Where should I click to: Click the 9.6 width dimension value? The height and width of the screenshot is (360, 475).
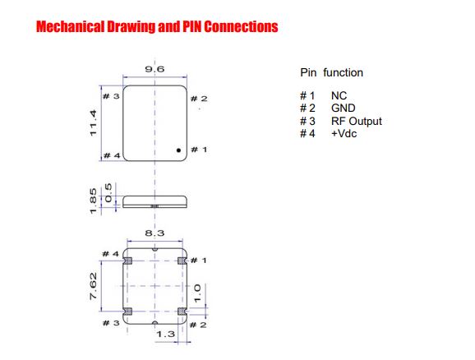[x=154, y=69]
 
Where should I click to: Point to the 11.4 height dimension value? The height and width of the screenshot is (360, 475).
[x=94, y=123]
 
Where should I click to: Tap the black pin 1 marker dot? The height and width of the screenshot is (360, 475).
[x=178, y=150]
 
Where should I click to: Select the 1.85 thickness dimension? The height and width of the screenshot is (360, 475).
[x=94, y=201]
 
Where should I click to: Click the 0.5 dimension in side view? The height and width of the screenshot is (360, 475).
[x=108, y=192]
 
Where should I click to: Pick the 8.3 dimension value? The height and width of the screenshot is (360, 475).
[x=154, y=233]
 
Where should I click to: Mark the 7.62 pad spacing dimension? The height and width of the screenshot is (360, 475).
[x=94, y=286]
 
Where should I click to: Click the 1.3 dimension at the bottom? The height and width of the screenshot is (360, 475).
[x=165, y=335]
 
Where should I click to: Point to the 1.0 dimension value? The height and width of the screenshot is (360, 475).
[x=197, y=293]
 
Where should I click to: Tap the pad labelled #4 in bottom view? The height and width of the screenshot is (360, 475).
[x=128, y=261]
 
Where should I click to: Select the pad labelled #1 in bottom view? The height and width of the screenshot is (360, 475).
[x=182, y=261]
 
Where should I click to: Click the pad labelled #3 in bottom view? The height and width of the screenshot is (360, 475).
[x=128, y=312]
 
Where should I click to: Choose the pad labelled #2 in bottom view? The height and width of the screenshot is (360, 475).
[x=182, y=312]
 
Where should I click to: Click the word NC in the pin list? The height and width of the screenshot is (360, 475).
[x=339, y=96]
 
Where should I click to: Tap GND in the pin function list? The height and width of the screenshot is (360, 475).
[x=344, y=108]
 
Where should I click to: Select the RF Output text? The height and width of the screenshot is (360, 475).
[x=357, y=121]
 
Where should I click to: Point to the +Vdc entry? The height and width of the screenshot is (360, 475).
[x=344, y=134]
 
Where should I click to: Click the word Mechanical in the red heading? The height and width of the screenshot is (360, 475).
[x=70, y=26]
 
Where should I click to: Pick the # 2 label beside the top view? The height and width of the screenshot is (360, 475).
[x=199, y=99]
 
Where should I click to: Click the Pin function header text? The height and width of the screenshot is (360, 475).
[x=332, y=72]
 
